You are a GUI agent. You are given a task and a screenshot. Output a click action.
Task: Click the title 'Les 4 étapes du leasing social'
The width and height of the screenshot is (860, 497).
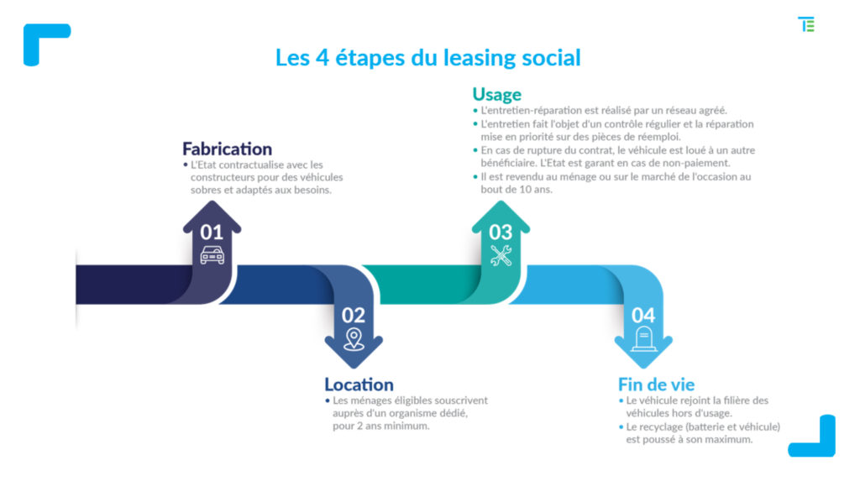click(x=427, y=58)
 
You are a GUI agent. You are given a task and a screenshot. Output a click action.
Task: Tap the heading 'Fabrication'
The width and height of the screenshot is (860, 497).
click(x=227, y=149)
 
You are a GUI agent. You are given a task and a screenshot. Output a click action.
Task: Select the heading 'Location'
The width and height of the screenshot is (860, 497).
click(x=359, y=384)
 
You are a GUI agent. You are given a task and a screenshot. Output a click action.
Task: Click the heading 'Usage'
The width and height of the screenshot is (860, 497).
click(x=497, y=94)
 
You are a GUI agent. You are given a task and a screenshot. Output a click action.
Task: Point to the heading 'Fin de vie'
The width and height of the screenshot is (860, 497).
click(x=656, y=384)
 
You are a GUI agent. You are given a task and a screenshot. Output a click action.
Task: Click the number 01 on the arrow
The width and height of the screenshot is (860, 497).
click(x=212, y=233)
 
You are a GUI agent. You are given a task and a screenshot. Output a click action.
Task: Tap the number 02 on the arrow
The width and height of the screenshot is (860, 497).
click(x=354, y=316)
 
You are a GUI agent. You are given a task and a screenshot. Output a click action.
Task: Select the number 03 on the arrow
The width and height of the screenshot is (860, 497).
click(x=501, y=233)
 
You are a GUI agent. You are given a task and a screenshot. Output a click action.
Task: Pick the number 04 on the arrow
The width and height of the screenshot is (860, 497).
click(x=642, y=316)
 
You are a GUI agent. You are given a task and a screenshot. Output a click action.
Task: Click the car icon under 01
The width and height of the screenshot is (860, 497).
click(x=212, y=255)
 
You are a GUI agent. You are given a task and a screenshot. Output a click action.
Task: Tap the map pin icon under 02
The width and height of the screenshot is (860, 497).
click(x=354, y=339)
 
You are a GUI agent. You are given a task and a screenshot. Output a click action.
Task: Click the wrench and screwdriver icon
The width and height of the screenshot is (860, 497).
click(x=501, y=255)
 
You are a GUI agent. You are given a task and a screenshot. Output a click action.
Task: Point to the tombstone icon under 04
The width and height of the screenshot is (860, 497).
click(x=644, y=339)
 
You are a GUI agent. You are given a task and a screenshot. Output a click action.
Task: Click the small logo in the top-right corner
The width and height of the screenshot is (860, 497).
click(x=806, y=24)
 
